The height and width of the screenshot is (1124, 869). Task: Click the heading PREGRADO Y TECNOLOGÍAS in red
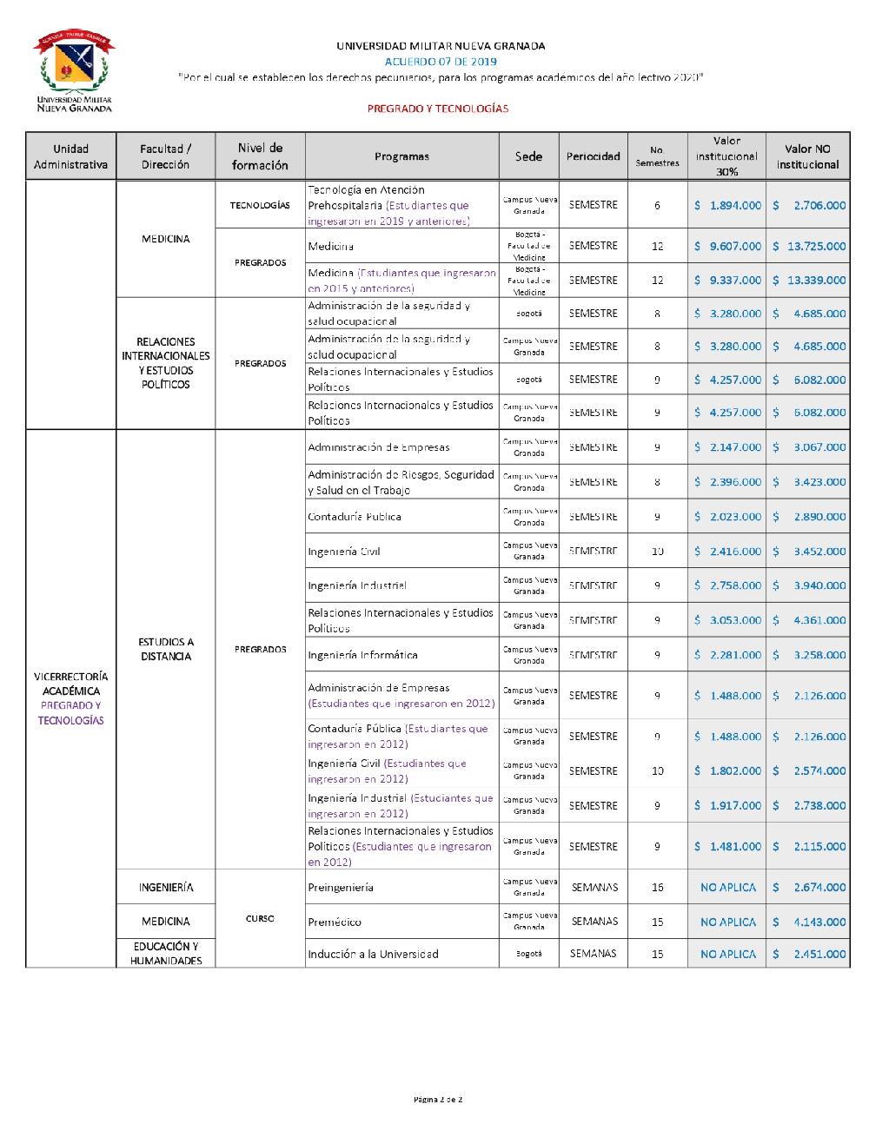[x=437, y=109]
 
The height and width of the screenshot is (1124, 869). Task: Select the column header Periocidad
[x=594, y=156]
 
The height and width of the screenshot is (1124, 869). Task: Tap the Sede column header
[x=528, y=156]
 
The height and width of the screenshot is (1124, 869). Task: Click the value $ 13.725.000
[x=809, y=246]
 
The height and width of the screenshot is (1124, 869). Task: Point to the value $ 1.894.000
[x=727, y=206]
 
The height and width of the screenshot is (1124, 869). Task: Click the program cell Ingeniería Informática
[x=362, y=655]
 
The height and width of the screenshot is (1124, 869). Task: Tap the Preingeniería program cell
[x=341, y=888]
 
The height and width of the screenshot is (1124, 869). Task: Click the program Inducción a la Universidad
[x=373, y=954]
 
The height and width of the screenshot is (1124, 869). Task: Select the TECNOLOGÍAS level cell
[x=260, y=206]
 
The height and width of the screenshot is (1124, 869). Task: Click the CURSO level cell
[x=260, y=919]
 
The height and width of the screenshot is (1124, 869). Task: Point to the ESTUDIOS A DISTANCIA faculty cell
[x=165, y=649]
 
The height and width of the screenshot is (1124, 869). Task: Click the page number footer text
[x=437, y=1100]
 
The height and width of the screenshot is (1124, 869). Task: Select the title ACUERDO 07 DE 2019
[x=441, y=62]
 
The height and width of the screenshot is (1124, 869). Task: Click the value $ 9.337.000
[x=727, y=281]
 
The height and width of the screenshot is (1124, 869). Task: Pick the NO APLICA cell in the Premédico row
[x=727, y=922]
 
